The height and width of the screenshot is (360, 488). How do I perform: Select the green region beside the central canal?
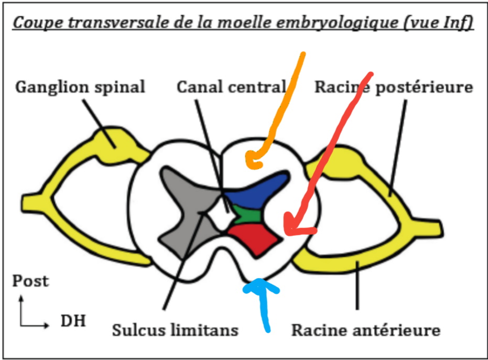coord(244,215)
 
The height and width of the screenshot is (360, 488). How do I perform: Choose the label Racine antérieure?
coord(366,331)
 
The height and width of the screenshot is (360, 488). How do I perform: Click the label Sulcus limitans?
coord(175,331)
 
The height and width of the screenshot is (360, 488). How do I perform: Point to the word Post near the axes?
coord(30,281)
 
